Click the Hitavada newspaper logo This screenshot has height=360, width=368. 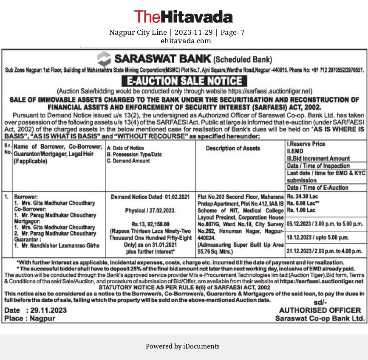tap(183, 17)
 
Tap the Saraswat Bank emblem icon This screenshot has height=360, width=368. tap(104, 59)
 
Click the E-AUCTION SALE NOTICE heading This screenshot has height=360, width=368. tap(184, 81)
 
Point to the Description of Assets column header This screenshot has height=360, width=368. tap(232, 148)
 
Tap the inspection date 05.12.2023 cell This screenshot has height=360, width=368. tap(325, 223)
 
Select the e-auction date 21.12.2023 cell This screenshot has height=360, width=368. tap(325, 251)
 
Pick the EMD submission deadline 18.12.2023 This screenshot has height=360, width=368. tap(317, 237)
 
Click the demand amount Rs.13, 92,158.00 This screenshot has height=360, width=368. tap(150, 224)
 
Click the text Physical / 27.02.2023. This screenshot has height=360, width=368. tap(150, 211)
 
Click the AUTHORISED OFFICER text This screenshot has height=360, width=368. tap(320, 310)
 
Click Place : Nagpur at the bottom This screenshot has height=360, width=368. tap(29, 318)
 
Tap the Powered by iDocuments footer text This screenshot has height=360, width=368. tap(183, 346)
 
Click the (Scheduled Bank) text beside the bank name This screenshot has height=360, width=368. tap(242, 59)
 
